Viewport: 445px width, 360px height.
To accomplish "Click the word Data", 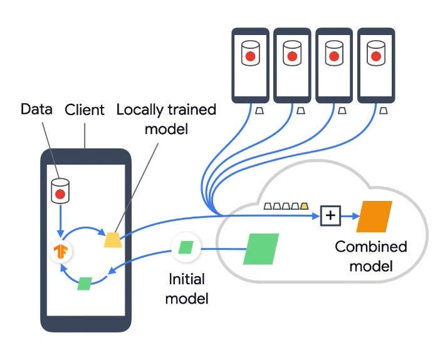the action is click(36, 109).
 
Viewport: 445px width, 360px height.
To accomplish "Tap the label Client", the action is click(85, 110).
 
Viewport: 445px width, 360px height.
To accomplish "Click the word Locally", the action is click(140, 110).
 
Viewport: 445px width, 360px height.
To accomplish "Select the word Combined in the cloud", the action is click(371, 247).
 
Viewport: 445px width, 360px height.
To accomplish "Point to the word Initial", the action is click(187, 279).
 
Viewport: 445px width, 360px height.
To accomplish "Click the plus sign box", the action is click(330, 216).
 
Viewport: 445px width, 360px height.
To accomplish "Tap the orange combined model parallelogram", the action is click(374, 217).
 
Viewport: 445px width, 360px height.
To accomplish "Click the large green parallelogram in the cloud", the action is click(261, 249).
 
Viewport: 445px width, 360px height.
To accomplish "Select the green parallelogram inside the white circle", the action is click(186, 247).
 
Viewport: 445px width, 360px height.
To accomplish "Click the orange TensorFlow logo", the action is click(61, 252).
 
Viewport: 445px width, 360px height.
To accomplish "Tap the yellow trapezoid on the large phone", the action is click(113, 240).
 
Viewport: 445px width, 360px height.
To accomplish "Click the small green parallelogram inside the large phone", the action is click(85, 284).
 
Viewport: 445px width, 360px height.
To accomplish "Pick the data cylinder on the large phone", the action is click(60, 191).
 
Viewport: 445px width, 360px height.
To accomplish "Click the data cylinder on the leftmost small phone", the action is click(250, 53).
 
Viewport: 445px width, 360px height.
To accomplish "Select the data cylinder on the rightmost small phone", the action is click(376, 53).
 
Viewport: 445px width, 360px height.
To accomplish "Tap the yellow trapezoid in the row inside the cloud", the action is click(304, 206).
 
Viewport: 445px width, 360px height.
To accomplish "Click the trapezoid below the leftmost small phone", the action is click(259, 111).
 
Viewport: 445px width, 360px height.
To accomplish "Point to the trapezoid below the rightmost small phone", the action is click(384, 111).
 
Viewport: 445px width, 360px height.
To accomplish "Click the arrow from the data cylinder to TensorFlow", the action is click(60, 221).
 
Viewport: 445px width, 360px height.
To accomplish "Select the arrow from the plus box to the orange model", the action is click(350, 216).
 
